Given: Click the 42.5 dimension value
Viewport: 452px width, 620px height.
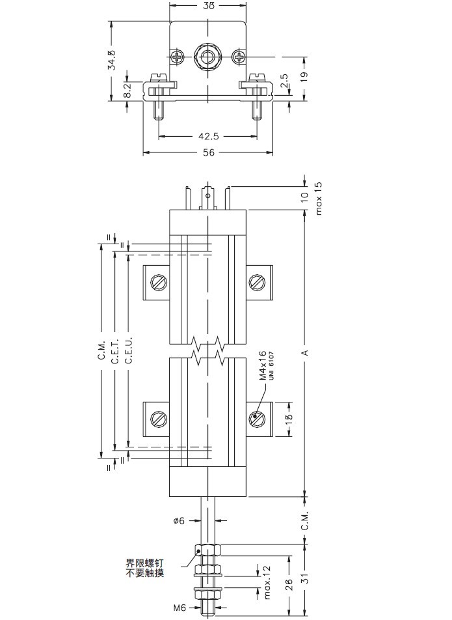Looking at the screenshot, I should click(x=208, y=137).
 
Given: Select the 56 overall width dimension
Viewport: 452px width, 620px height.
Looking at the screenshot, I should click(x=208, y=152).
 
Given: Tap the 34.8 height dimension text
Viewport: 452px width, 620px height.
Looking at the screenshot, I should click(x=112, y=60).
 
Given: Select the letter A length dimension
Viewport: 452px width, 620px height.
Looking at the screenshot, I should click(x=304, y=353).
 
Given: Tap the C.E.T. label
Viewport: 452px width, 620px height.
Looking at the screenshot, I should click(x=114, y=352).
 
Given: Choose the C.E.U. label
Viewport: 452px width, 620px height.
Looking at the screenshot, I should click(x=129, y=352).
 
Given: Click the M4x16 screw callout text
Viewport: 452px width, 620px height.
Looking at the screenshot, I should click(x=263, y=366).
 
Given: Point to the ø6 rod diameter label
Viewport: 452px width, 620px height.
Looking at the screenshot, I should click(x=180, y=520).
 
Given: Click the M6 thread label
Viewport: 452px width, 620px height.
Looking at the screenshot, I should click(x=180, y=608).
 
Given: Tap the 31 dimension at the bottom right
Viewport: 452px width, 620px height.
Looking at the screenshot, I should click(x=305, y=578).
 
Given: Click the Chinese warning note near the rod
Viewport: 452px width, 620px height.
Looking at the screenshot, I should click(x=145, y=568).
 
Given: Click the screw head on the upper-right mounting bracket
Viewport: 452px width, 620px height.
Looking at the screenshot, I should click(x=257, y=282).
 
